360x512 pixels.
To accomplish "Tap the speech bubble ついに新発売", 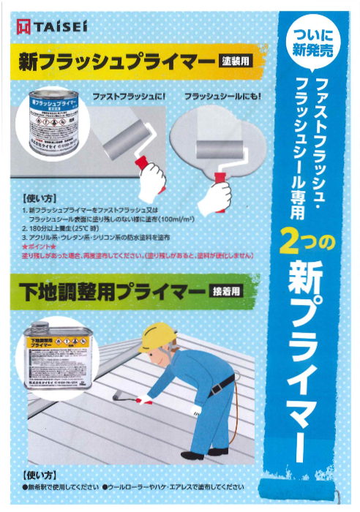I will pyautogui.click(x=312, y=45).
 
